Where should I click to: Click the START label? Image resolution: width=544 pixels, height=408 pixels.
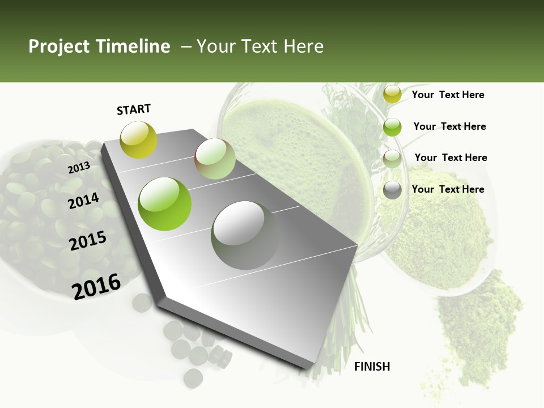[x=134, y=109]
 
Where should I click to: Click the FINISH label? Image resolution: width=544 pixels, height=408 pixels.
[x=372, y=367]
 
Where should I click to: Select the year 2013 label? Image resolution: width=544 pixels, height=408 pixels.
[x=79, y=168]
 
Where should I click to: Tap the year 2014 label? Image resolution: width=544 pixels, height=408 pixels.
[x=83, y=201]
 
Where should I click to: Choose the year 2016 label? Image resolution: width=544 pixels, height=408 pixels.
[x=96, y=286]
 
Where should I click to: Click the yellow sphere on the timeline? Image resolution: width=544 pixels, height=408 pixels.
[x=138, y=139]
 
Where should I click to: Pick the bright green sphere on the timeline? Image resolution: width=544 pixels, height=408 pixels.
[x=165, y=204]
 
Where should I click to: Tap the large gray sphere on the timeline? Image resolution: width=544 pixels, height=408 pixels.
[x=245, y=235]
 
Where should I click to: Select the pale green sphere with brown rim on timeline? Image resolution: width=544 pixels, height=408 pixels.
[x=215, y=159]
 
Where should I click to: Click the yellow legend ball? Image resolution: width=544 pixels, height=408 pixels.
[x=392, y=95]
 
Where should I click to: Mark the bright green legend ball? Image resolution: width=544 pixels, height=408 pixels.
[x=392, y=127]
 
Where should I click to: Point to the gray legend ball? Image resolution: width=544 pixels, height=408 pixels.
[x=392, y=190]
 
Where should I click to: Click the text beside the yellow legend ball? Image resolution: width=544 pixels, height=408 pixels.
[x=448, y=95]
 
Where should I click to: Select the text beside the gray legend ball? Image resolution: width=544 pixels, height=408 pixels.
[x=448, y=189]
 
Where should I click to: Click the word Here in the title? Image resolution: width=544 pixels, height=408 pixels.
[x=303, y=46]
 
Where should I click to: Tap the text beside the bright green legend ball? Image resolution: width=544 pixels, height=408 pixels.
[x=449, y=126]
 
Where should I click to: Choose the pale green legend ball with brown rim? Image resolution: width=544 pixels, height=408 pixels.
[x=392, y=159]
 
